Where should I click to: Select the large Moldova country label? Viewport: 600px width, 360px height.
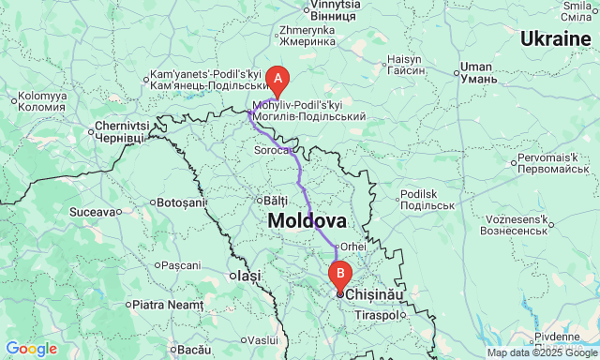[x=307, y=221]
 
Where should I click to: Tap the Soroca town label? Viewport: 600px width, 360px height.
[x=274, y=149]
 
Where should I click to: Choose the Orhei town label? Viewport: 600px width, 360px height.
[x=353, y=246]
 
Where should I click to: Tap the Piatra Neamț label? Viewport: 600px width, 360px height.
[x=167, y=304]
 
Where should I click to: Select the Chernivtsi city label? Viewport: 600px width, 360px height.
[x=122, y=131]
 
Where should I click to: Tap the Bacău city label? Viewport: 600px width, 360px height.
[x=194, y=349]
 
